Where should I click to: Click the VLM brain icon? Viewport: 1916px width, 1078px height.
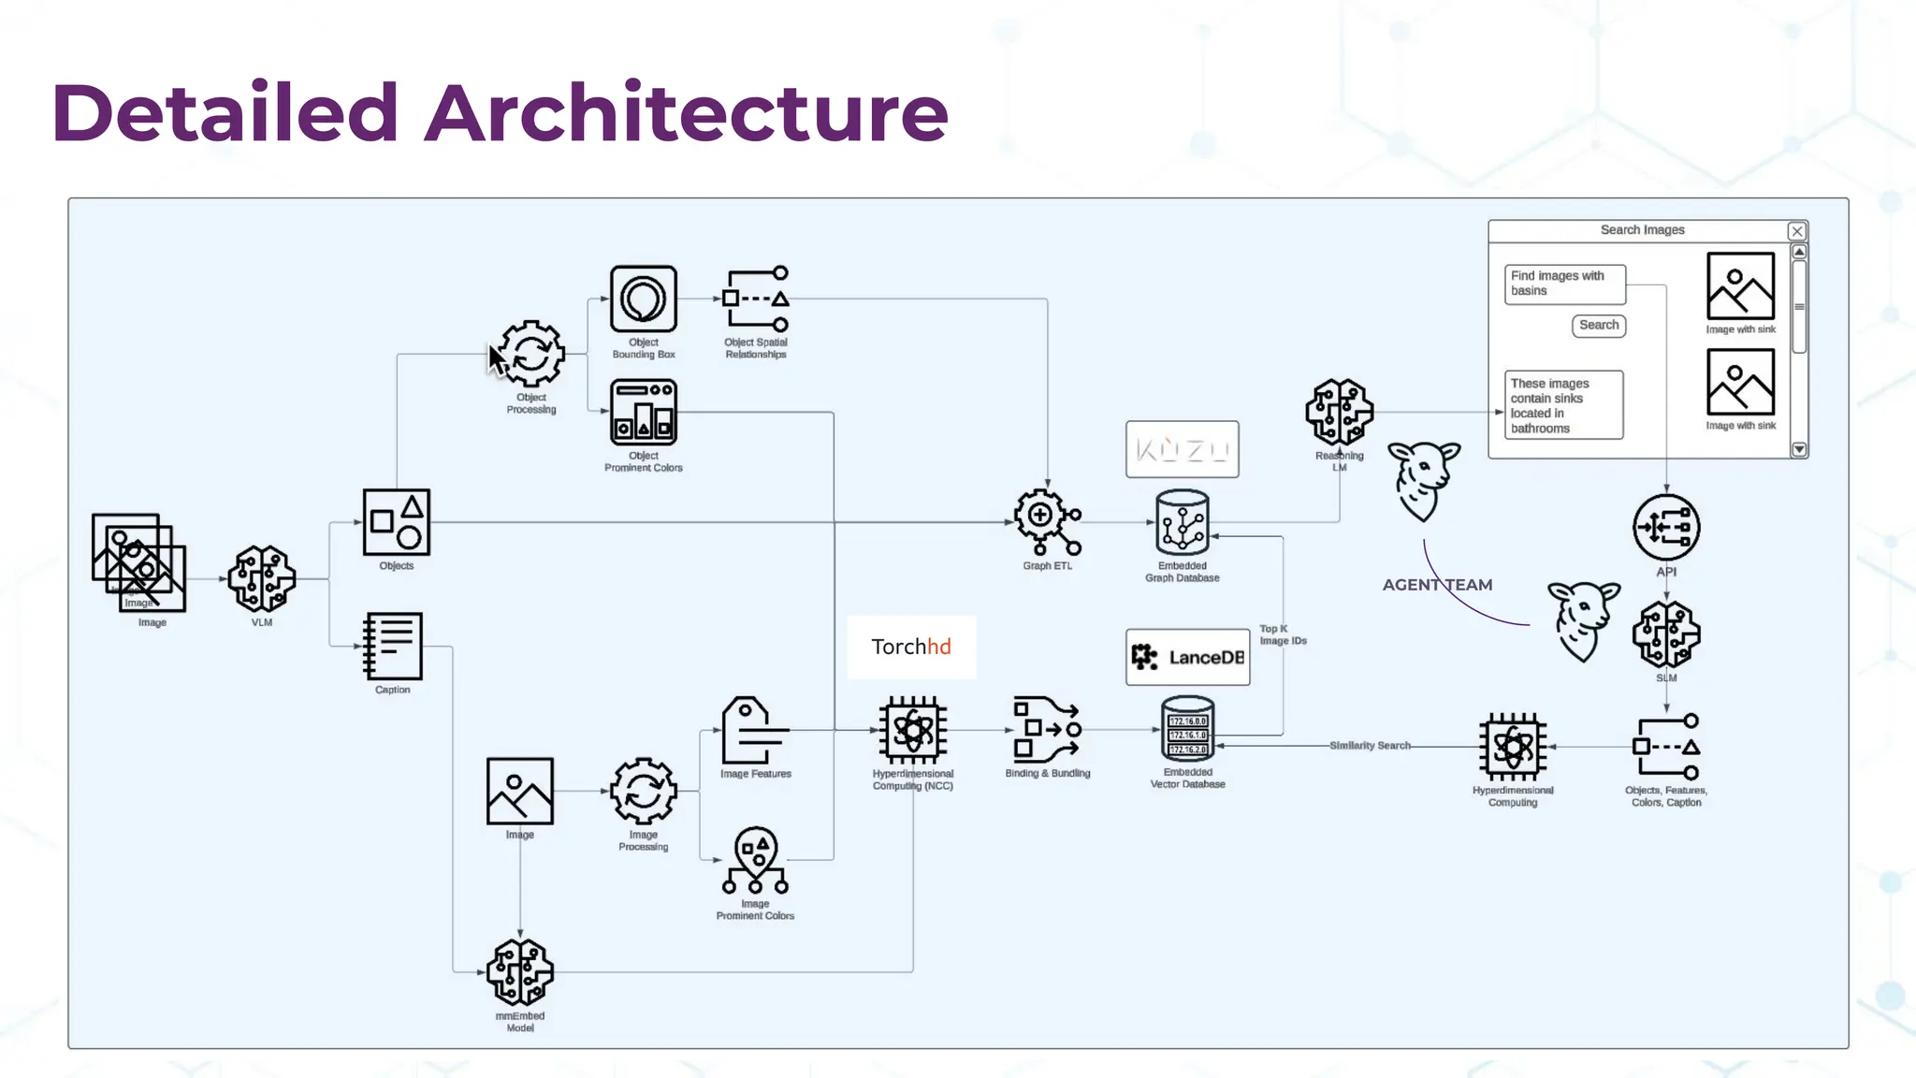pyautogui.click(x=262, y=578)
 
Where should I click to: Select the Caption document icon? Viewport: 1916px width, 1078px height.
pyautogui.click(x=393, y=646)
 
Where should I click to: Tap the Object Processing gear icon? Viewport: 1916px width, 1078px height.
pyautogui.click(x=531, y=354)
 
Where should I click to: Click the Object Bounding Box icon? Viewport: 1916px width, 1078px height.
pyautogui.click(x=644, y=299)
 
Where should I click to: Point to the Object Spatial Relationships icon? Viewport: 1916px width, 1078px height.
pyautogui.click(x=756, y=299)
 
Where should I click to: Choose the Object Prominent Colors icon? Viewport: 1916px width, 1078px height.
pyautogui.click(x=644, y=412)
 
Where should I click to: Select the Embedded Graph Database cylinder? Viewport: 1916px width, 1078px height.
pyautogui.click(x=1183, y=523)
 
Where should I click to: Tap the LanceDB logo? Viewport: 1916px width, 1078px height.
pyautogui.click(x=1187, y=657)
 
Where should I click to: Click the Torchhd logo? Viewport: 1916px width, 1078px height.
pyautogui.click(x=911, y=647)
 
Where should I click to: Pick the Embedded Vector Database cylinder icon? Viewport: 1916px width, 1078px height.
pyautogui.click(x=1187, y=729)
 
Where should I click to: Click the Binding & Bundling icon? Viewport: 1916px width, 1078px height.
pyautogui.click(x=1047, y=730)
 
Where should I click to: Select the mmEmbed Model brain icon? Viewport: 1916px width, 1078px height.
pyautogui.click(x=520, y=972)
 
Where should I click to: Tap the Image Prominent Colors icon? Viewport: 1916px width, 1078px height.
pyautogui.click(x=755, y=860)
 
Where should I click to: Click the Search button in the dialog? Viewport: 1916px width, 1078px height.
pyautogui.click(x=1598, y=325)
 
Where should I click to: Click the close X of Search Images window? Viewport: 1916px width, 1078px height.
pyautogui.click(x=1796, y=231)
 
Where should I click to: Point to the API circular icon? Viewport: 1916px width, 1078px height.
pyautogui.click(x=1666, y=527)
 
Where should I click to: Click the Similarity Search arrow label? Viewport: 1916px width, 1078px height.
pyautogui.click(x=1370, y=746)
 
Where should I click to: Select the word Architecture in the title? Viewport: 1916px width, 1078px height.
pyautogui.click(x=687, y=112)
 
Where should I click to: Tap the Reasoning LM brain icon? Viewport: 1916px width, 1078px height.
pyautogui.click(x=1339, y=412)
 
